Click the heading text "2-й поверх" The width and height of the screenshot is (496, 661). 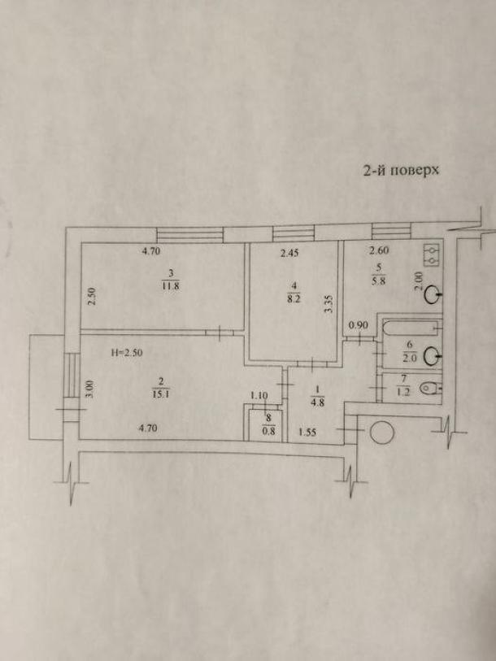[x=401, y=170]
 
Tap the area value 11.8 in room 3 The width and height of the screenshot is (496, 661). [x=171, y=286]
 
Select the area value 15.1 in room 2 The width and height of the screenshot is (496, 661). [x=161, y=394]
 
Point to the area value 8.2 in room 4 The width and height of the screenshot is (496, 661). [x=294, y=301]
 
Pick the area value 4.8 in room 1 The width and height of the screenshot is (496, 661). [x=318, y=402]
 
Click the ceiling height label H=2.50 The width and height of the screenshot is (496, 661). [x=127, y=353]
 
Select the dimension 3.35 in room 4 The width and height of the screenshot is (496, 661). [x=330, y=303]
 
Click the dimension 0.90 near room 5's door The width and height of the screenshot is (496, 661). [x=359, y=325]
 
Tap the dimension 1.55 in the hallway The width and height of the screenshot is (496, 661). [x=307, y=432]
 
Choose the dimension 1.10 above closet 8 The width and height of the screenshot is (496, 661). [x=259, y=395]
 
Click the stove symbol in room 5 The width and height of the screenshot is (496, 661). [x=432, y=255]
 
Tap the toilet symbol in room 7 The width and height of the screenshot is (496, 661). [x=431, y=388]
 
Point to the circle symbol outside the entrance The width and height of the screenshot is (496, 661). [x=381, y=433]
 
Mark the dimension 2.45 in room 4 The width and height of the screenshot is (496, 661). [x=289, y=254]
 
